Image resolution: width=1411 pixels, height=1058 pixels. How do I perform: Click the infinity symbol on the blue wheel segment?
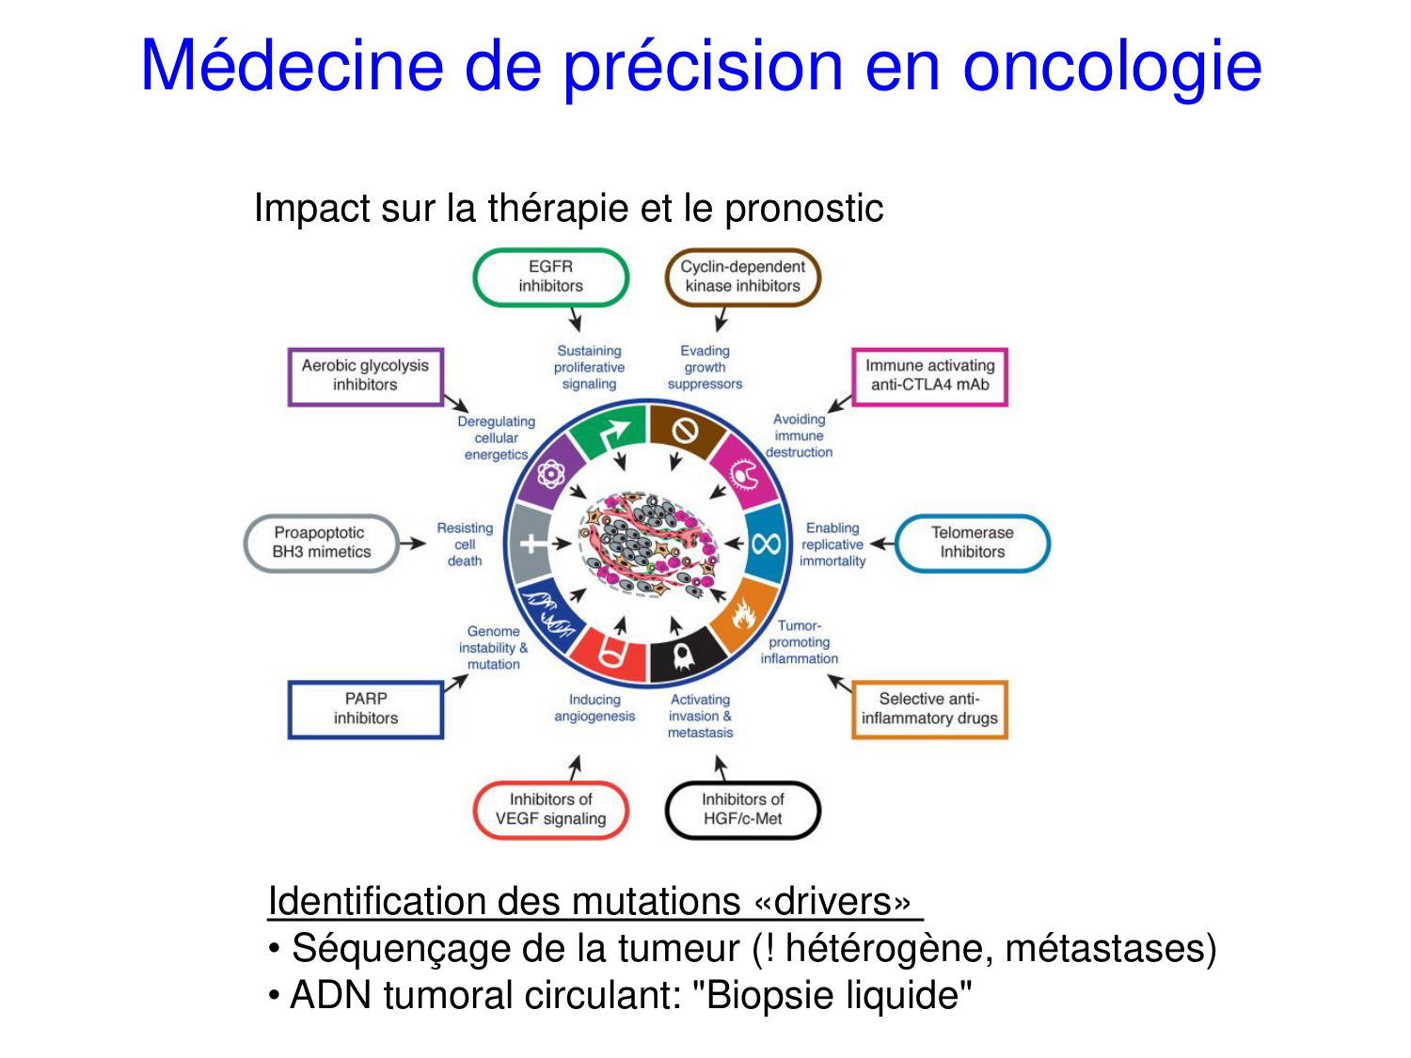767,545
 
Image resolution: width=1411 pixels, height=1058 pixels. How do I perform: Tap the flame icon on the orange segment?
743,613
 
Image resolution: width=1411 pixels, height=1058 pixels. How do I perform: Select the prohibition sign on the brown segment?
685,431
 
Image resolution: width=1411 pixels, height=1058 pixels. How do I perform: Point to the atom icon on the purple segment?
551,475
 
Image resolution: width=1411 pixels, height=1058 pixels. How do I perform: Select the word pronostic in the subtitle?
803,209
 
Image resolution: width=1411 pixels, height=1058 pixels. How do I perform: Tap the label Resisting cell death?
465,545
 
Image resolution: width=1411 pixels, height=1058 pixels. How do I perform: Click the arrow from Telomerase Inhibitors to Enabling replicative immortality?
882,544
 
